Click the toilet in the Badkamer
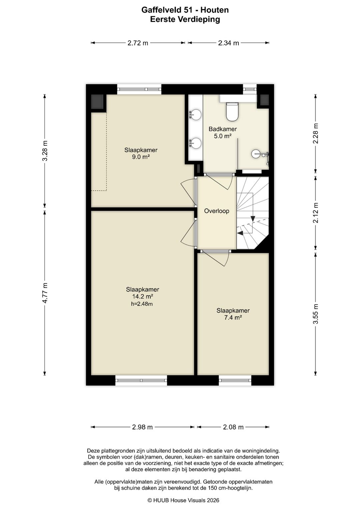[232, 111]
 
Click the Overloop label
[217, 211]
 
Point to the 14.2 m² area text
[143, 296]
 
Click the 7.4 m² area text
[233, 317]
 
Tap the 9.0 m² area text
[141, 157]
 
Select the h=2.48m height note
[142, 304]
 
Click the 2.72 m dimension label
[138, 43]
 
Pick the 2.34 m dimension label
[228, 43]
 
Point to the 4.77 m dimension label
[45, 293]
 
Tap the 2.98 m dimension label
[143, 427]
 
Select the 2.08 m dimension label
[233, 427]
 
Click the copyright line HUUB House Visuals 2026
[183, 500]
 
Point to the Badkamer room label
[223, 129]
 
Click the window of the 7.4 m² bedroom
[235, 380]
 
